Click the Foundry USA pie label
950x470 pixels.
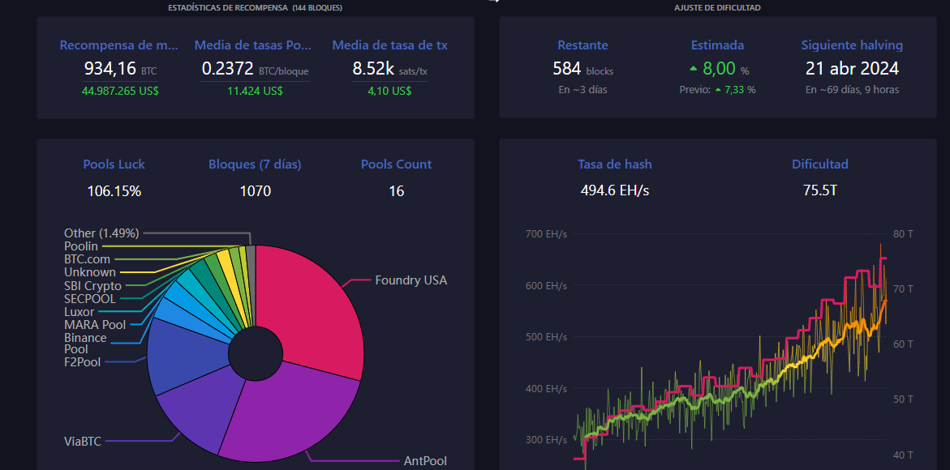pos(411,280)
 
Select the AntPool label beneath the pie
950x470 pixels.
pos(425,461)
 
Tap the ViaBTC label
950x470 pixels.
pos(83,441)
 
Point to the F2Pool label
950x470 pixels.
pos(83,362)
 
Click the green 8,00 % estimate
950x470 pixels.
pos(719,69)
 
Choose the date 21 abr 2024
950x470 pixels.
pos(852,69)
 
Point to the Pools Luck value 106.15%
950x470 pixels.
pos(114,191)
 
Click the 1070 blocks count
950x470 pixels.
pos(255,191)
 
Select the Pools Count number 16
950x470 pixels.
pos(396,191)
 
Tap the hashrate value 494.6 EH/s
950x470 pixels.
pos(615,191)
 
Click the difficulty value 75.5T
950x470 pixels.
pos(819,191)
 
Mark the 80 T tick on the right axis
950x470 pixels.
pos(902,233)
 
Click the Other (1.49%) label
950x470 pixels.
pos(101,233)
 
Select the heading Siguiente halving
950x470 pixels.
pos(852,45)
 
